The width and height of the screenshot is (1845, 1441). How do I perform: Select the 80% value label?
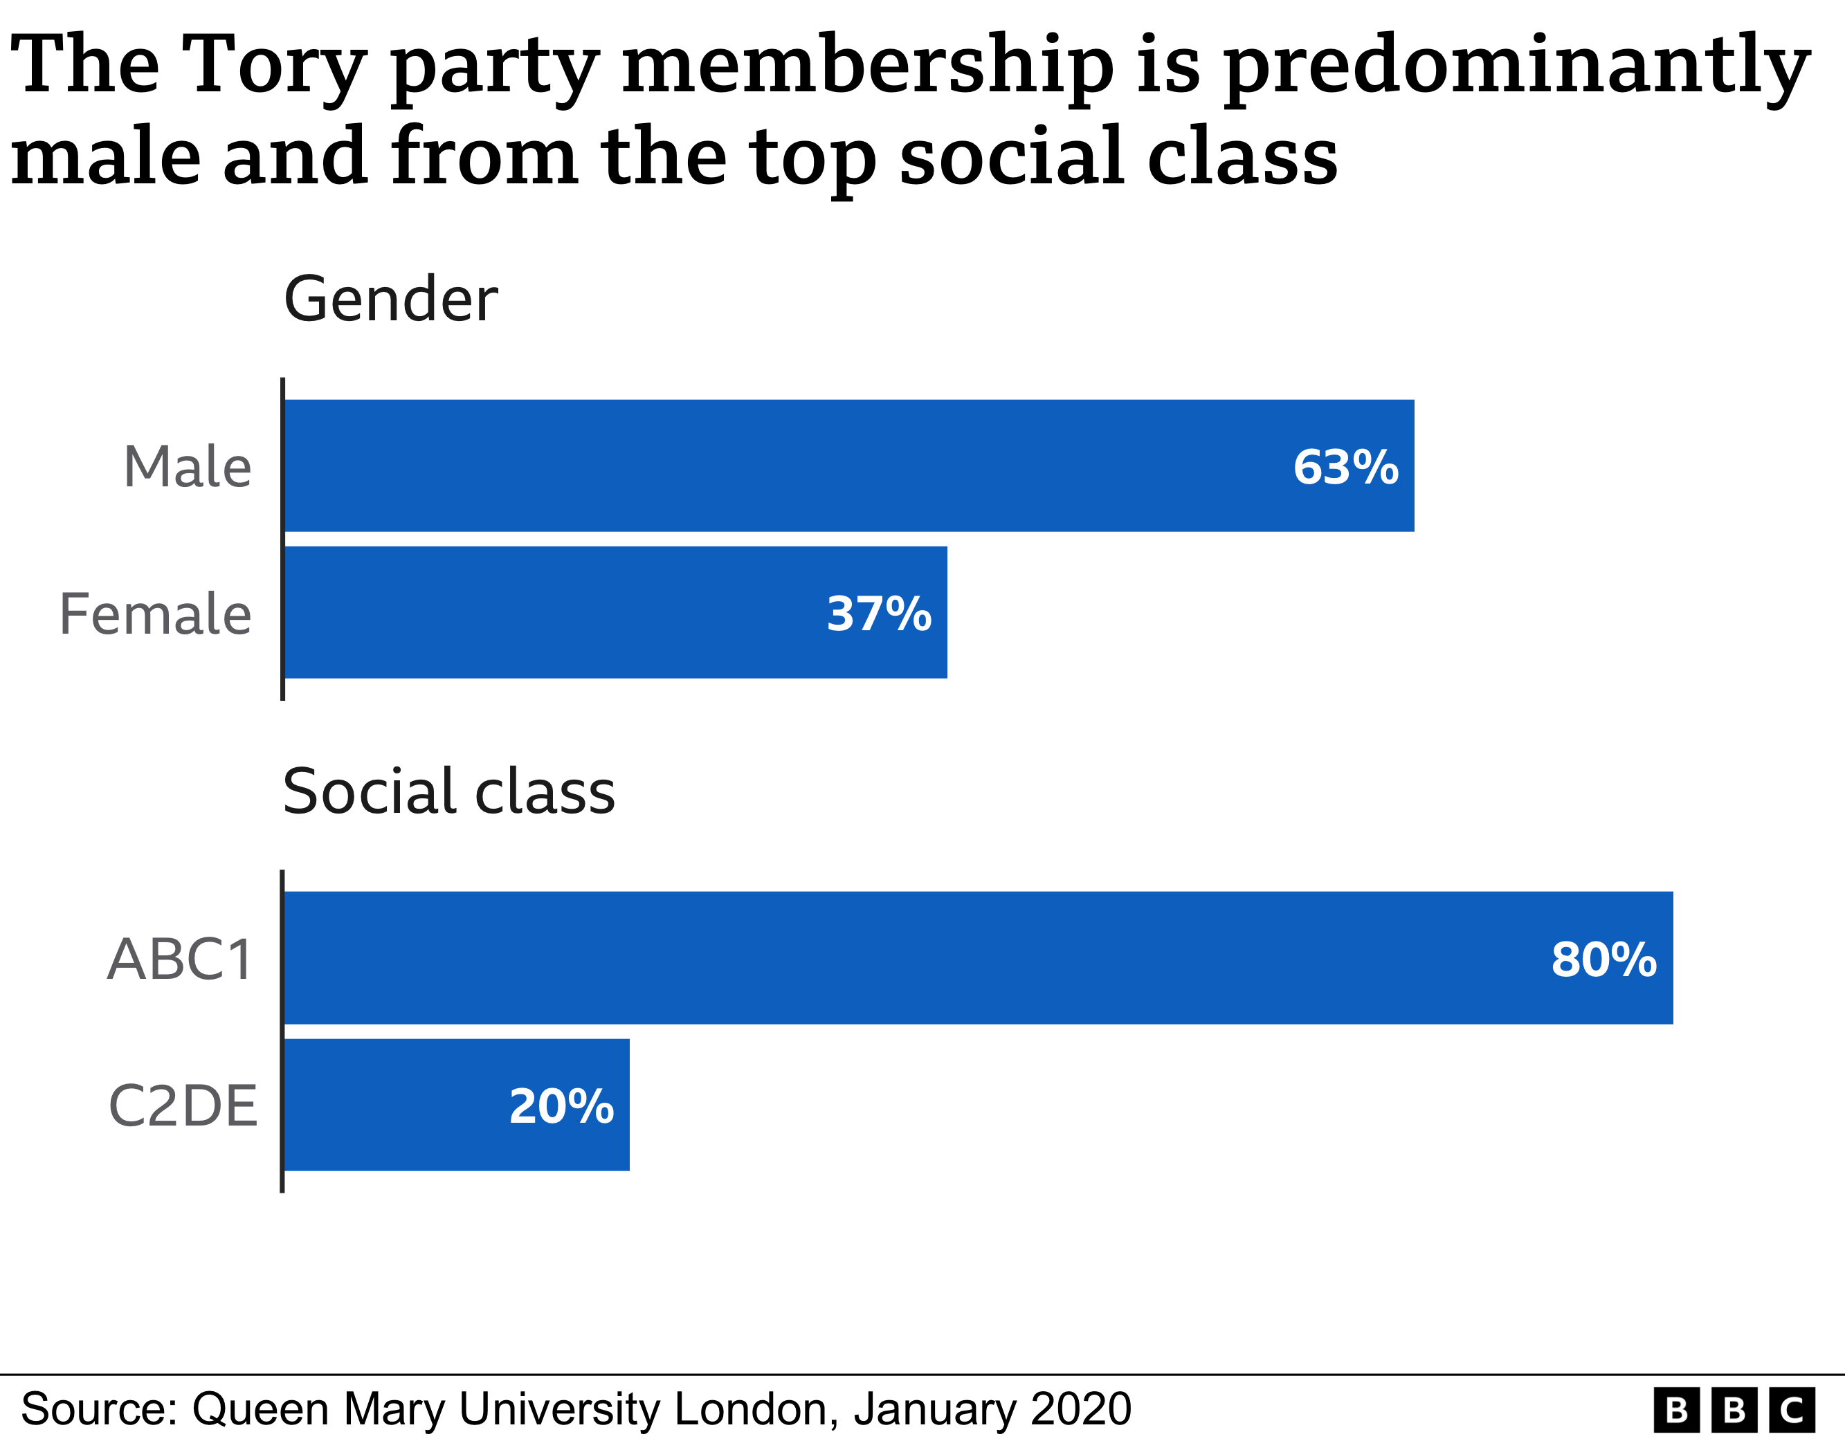coord(1603,960)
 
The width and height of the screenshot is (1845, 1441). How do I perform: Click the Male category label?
coord(188,467)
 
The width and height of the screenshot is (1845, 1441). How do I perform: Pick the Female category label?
coord(156,614)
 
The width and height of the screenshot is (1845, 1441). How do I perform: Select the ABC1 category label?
coord(180,960)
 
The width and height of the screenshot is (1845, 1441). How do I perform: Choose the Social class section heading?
coord(448,791)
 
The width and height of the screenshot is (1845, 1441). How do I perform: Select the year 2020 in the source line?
coord(1080,1409)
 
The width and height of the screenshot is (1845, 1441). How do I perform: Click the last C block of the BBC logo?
coord(1792,1411)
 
